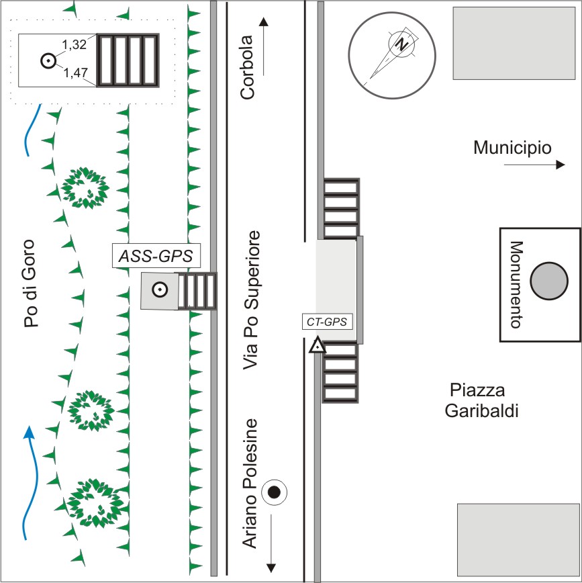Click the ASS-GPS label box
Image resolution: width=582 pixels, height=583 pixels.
pos(156,256)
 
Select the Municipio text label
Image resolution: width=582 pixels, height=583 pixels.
pos(512,148)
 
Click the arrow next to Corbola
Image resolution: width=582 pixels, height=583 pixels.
pos(264,45)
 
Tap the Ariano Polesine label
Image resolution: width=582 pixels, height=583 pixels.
pos(250,483)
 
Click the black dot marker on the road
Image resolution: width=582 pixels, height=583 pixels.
pos(274,492)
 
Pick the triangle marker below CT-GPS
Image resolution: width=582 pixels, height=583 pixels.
pos(316,347)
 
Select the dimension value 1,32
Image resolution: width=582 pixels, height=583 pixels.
pos(76,46)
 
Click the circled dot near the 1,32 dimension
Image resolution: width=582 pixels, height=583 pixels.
pos(48,60)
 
